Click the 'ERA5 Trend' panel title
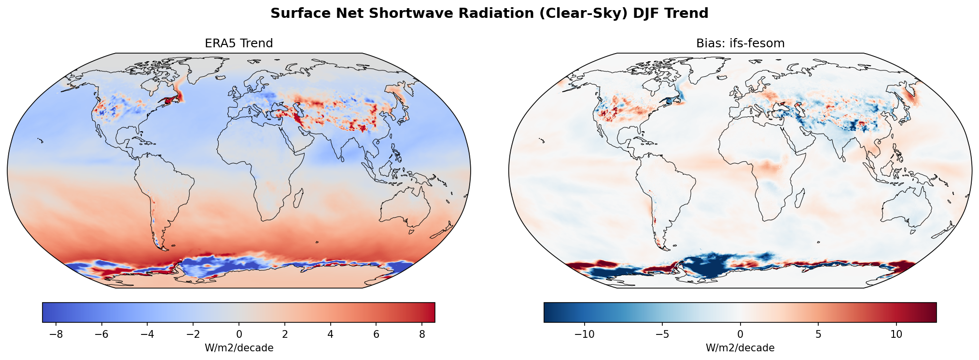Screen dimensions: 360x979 pyautogui.click(x=239, y=43)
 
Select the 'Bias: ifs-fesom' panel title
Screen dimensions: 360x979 pyautogui.click(x=740, y=43)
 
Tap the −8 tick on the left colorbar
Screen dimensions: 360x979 pyautogui.click(x=56, y=334)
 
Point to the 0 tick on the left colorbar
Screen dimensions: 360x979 pyautogui.click(x=239, y=334)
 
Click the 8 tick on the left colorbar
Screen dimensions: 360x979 pyautogui.click(x=421, y=334)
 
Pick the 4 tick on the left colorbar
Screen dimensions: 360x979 pyautogui.click(x=330, y=334)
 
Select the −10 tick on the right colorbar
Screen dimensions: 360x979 pyautogui.click(x=584, y=334)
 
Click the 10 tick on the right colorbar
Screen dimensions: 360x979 pyautogui.click(x=896, y=334)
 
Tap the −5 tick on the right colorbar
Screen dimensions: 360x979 pyautogui.click(x=662, y=334)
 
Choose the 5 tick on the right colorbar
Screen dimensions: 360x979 pyautogui.click(x=818, y=334)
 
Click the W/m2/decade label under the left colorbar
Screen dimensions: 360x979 pyautogui.click(x=239, y=348)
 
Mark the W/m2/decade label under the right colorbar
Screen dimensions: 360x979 pyautogui.click(x=740, y=348)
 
